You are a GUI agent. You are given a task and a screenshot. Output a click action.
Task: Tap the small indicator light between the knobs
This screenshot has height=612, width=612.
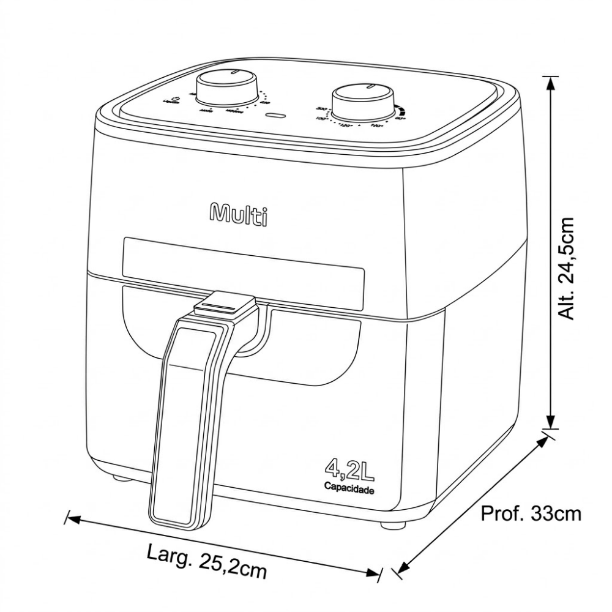[278, 115]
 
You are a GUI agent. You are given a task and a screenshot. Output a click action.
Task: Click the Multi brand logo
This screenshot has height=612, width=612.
[239, 214]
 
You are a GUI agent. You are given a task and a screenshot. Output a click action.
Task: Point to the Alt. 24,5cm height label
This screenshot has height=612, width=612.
[569, 268]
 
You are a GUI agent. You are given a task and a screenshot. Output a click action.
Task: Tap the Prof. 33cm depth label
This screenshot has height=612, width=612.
[531, 513]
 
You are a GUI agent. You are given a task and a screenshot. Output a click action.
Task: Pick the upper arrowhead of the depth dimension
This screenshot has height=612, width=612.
[540, 441]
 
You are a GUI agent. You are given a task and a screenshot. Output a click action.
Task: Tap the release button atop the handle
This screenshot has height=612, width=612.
[224, 304]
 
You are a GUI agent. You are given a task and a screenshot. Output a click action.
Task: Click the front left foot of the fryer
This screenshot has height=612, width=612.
[121, 479]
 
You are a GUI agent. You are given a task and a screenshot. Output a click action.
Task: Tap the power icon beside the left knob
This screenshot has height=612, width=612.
[176, 98]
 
